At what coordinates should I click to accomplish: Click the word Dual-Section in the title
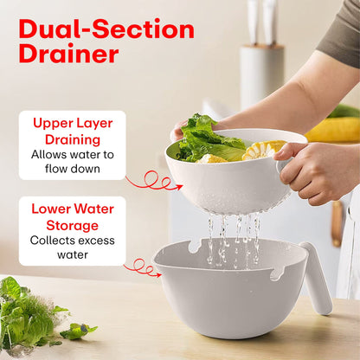pyautogui.click(x=106, y=29)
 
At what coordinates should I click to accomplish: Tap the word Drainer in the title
pyautogui.click(x=68, y=54)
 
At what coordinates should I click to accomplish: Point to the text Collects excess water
pyautogui.click(x=73, y=247)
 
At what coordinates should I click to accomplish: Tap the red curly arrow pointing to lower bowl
pyautogui.click(x=142, y=267)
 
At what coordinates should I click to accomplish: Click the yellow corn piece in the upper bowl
pyautogui.click(x=261, y=150)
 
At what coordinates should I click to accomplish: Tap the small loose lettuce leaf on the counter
pyautogui.click(x=78, y=331)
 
